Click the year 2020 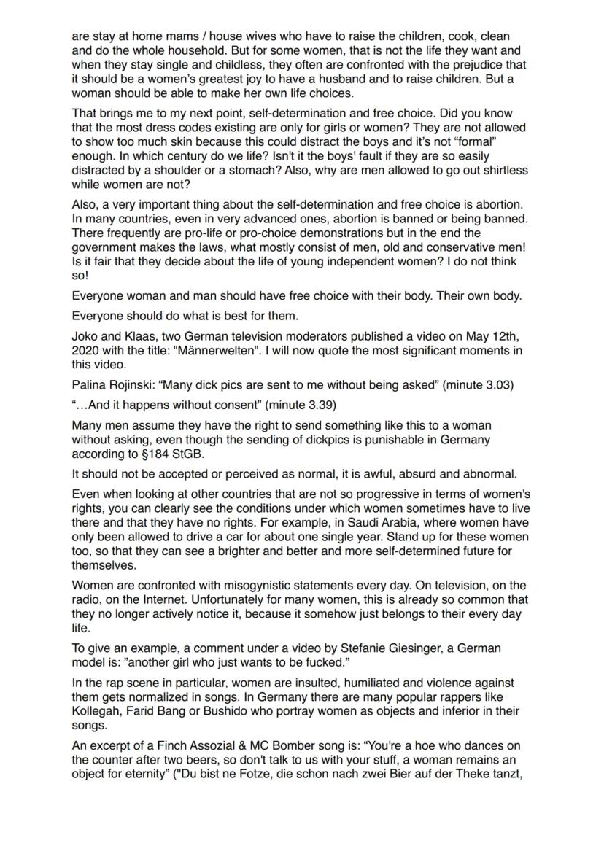click(85, 351)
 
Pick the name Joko click(85, 337)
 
